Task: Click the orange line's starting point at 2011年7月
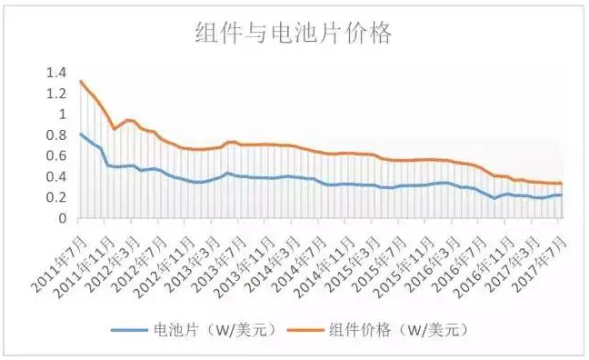(x=80, y=81)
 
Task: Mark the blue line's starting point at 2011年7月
(x=80, y=134)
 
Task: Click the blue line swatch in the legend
(x=132, y=328)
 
